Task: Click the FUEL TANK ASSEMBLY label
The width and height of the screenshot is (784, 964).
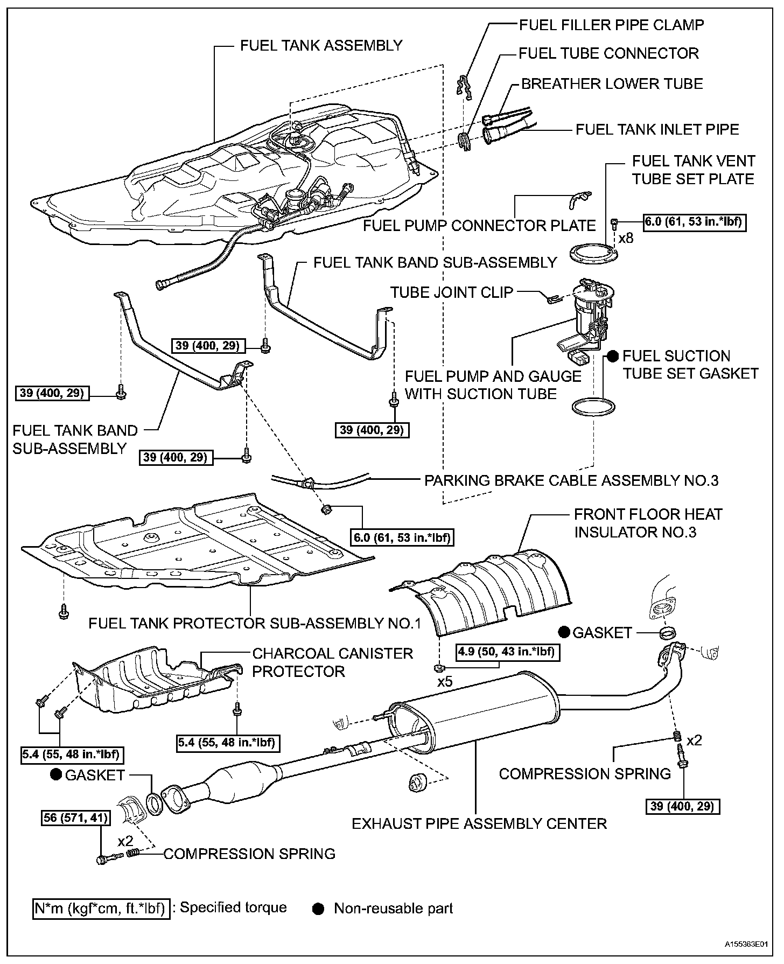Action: [x=321, y=45]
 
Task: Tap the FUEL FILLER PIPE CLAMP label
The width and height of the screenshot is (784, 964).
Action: [x=611, y=25]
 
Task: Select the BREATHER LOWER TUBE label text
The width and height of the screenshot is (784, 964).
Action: [x=612, y=84]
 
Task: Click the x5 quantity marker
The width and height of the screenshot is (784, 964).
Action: [x=445, y=681]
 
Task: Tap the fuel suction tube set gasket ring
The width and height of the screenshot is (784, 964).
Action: [x=593, y=407]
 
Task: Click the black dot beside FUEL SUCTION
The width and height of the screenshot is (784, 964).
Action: [x=613, y=356]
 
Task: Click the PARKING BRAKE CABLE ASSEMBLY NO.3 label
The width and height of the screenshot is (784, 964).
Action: [x=571, y=480]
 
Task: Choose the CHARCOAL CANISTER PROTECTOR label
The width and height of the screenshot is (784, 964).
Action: [x=332, y=662]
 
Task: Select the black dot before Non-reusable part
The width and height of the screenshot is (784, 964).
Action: [x=319, y=909]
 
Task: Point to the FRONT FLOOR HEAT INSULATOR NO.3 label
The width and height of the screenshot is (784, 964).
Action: [x=648, y=523]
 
